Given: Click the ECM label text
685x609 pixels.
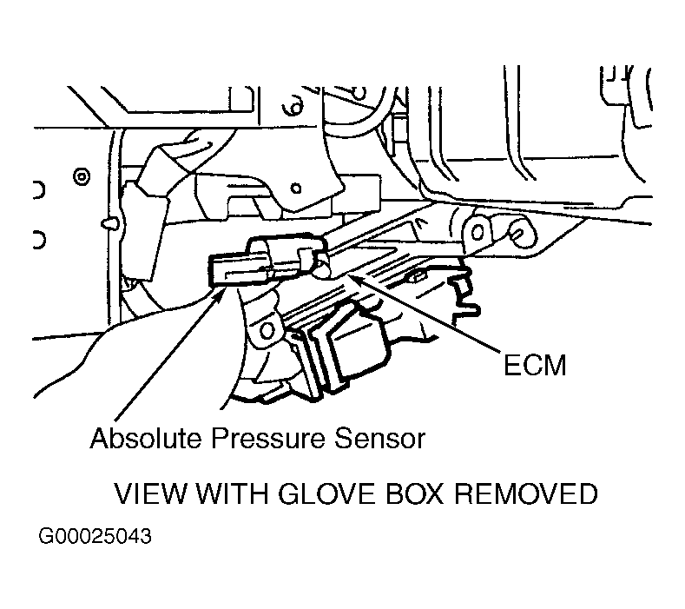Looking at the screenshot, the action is [x=535, y=365].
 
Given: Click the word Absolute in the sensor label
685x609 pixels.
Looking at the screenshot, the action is [x=146, y=438].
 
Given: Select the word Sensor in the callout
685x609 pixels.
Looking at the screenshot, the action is [x=379, y=438].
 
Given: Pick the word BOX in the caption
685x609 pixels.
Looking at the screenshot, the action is [x=415, y=493].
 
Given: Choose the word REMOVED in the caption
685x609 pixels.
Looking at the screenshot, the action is [x=526, y=493].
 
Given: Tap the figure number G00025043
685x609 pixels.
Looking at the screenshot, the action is [x=95, y=536].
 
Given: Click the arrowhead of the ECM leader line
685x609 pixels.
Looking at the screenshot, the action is [x=352, y=278].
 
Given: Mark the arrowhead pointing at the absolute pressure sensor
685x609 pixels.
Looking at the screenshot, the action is [x=220, y=292].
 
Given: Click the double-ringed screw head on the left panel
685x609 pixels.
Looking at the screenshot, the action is [x=82, y=177].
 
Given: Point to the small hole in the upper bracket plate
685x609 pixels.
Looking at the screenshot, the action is [x=296, y=189].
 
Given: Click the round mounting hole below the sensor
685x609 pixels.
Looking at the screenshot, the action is [x=267, y=330].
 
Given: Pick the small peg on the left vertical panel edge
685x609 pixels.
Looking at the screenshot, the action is [x=109, y=224].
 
